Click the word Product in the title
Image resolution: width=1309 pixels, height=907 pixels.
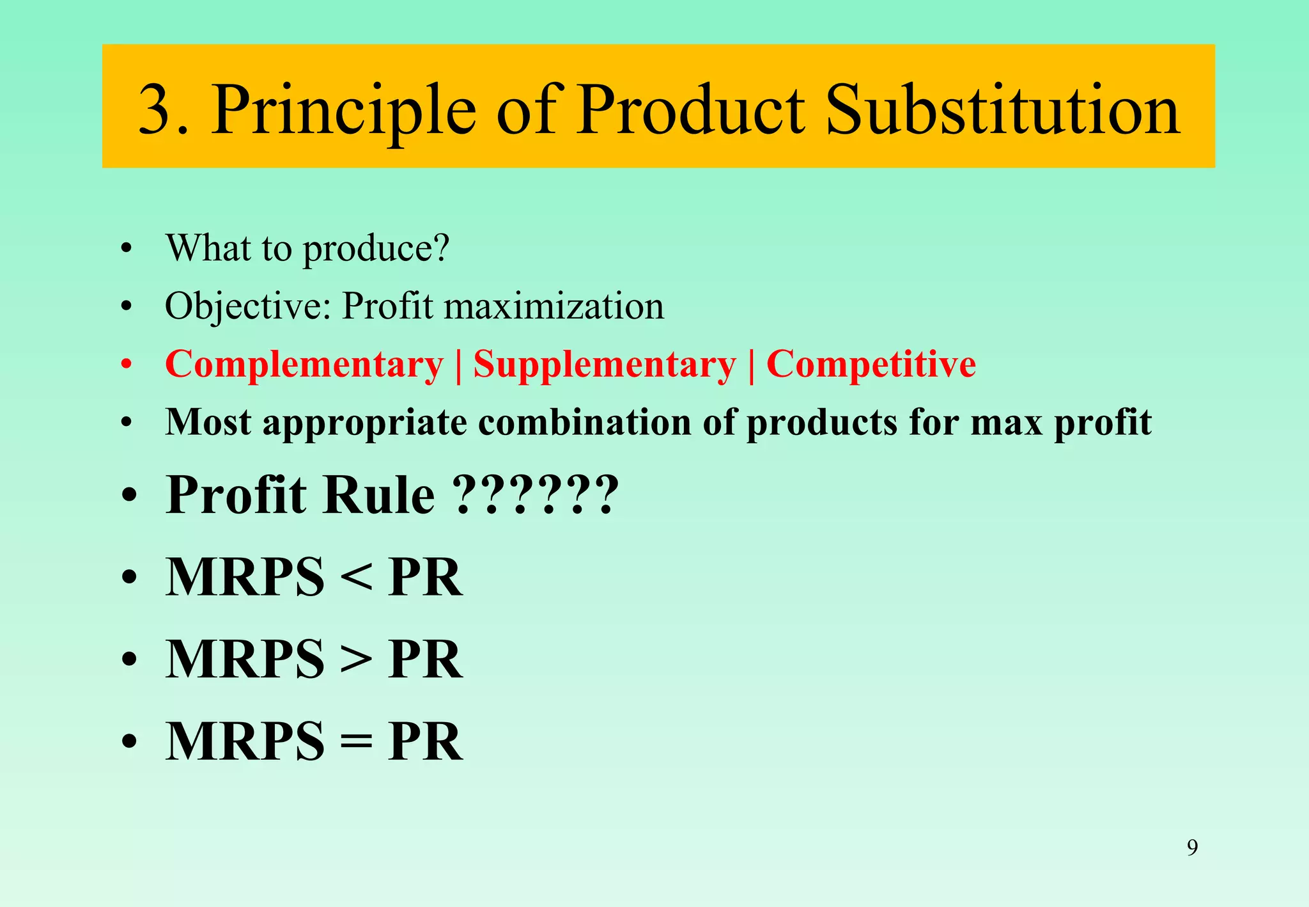tap(690, 110)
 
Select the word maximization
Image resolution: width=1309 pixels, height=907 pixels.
tap(554, 306)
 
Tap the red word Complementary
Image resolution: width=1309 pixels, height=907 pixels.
tap(304, 365)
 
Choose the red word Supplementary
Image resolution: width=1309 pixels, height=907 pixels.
tap(604, 365)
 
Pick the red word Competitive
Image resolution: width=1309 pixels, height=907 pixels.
tap(871, 364)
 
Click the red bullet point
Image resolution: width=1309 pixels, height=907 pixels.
tap(127, 365)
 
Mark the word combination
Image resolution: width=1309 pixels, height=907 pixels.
tap(584, 422)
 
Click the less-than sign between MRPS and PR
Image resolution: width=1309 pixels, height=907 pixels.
tap(356, 578)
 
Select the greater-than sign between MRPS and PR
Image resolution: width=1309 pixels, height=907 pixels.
tap(356, 659)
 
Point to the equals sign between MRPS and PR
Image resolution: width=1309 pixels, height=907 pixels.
tap(356, 742)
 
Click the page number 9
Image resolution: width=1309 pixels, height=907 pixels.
tap(1192, 848)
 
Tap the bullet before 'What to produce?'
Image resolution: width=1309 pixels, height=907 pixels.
tap(127, 248)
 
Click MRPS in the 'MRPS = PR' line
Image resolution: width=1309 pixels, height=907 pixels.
tap(245, 741)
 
